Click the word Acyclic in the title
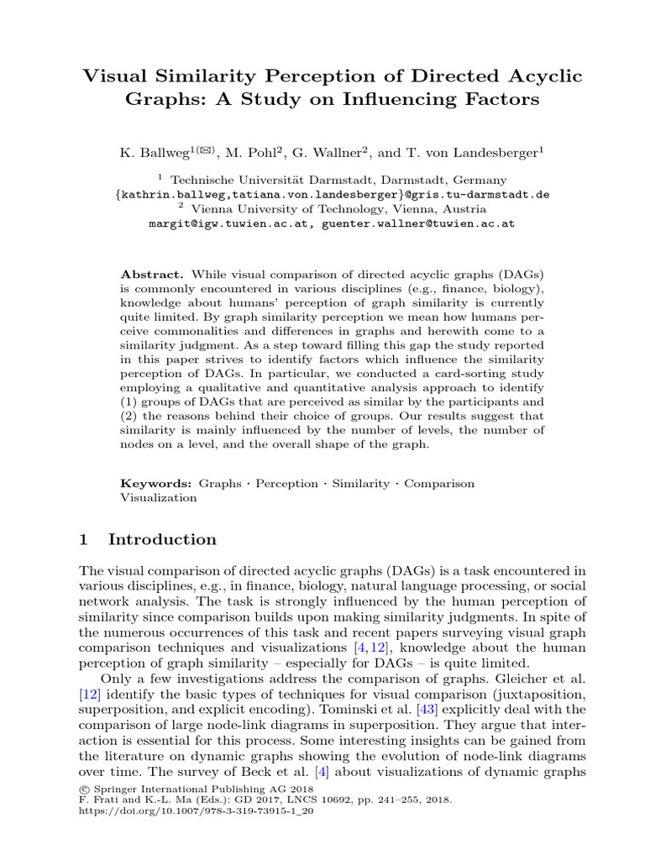click(x=539, y=76)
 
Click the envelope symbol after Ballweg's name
click(x=207, y=149)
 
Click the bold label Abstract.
click(x=152, y=275)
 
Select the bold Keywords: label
click(x=157, y=484)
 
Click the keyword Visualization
click(x=160, y=497)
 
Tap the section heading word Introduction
click(x=162, y=539)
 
